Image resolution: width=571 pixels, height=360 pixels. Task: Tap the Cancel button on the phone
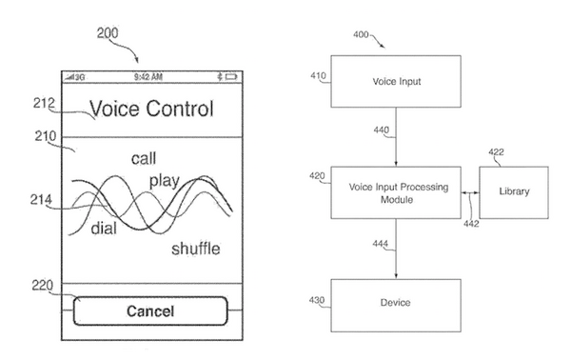coord(149,311)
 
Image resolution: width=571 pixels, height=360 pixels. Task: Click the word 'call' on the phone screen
coord(145,157)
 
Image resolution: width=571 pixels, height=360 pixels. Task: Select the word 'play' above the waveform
coord(165,181)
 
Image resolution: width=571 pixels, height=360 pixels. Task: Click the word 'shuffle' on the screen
coord(196,249)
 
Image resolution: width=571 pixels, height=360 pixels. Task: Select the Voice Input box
coord(396,82)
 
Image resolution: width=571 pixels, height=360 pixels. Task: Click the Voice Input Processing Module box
coord(396,190)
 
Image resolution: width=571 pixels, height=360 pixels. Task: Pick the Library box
coord(514,190)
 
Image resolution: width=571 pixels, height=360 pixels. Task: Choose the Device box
coord(396,304)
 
